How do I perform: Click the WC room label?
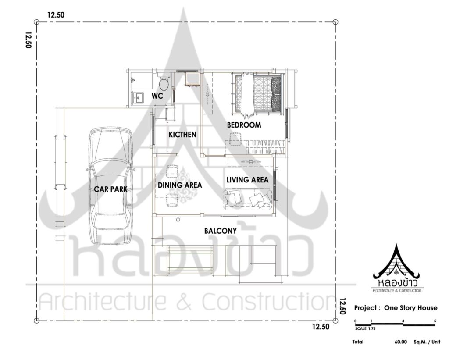point(157,96)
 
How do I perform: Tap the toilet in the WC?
point(164,82)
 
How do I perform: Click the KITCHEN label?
point(182,134)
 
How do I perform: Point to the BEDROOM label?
point(244,125)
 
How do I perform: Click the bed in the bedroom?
point(258,94)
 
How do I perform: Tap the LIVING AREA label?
point(247,180)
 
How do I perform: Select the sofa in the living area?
point(247,198)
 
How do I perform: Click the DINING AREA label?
point(180,185)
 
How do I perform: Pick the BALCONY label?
point(221,231)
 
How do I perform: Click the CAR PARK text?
point(110,189)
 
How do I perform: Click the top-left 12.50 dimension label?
point(56,15)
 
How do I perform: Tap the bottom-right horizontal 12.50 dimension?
point(321,327)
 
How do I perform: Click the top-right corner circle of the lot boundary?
point(335,22)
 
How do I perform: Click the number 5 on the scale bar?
point(435,321)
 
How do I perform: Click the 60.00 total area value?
point(400,342)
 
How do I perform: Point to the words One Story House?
point(410,308)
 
